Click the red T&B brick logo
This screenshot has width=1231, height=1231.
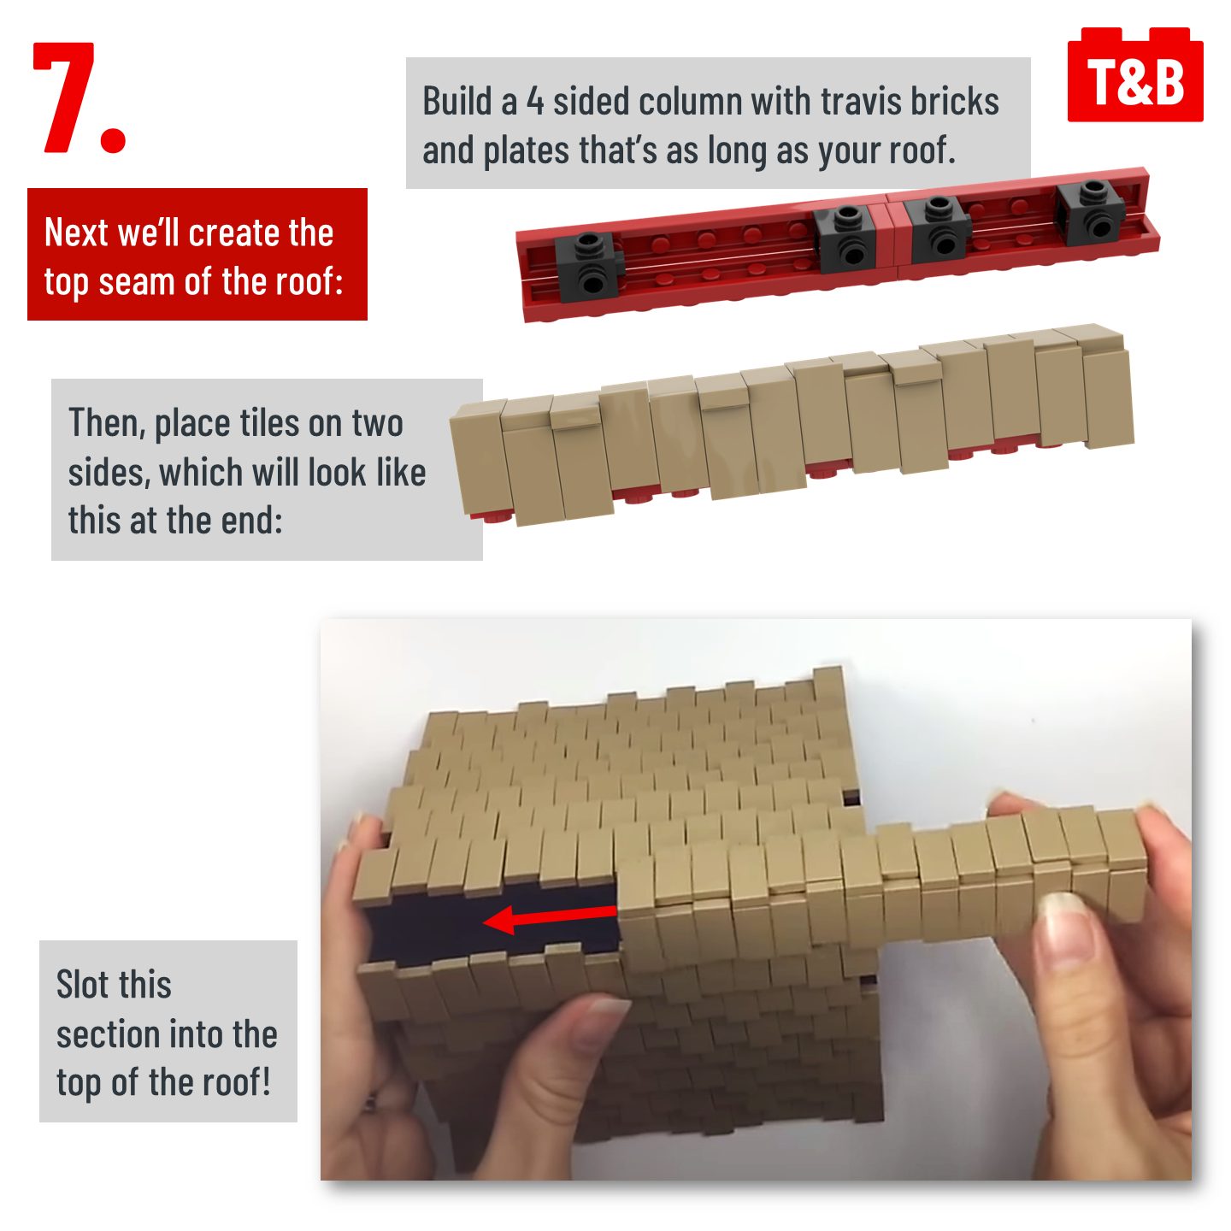point(1134,74)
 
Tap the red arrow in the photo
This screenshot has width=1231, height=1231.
point(550,918)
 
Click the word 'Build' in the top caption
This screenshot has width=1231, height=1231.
point(456,103)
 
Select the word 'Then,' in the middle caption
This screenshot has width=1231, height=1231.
point(108,424)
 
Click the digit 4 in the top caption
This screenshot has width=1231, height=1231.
point(535,103)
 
